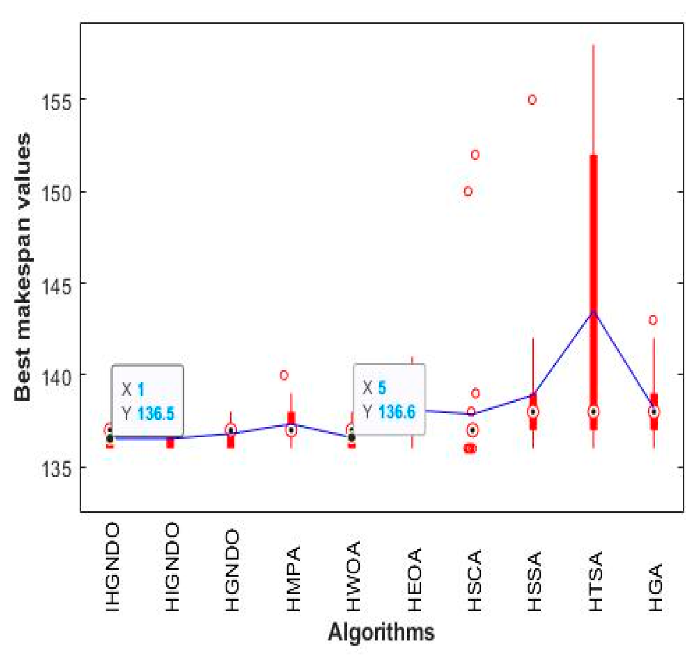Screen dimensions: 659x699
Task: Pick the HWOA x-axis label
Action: tap(353, 576)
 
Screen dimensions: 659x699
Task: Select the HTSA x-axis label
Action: tap(596, 581)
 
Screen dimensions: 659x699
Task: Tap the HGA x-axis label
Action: tap(655, 587)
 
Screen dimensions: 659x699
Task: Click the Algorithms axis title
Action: tap(381, 632)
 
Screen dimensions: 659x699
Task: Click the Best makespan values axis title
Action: tap(22, 267)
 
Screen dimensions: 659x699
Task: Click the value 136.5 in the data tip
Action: tap(156, 414)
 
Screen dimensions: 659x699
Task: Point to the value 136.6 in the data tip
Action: tap(397, 412)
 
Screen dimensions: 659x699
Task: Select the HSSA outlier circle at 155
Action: tap(532, 100)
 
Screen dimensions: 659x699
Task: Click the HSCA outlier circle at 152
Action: tap(475, 155)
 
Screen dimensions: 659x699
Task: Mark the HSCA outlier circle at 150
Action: tap(468, 191)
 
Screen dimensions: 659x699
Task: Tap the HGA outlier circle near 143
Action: tap(653, 320)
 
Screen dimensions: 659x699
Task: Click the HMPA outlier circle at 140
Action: tap(284, 375)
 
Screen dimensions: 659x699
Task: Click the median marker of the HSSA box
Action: tap(533, 412)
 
